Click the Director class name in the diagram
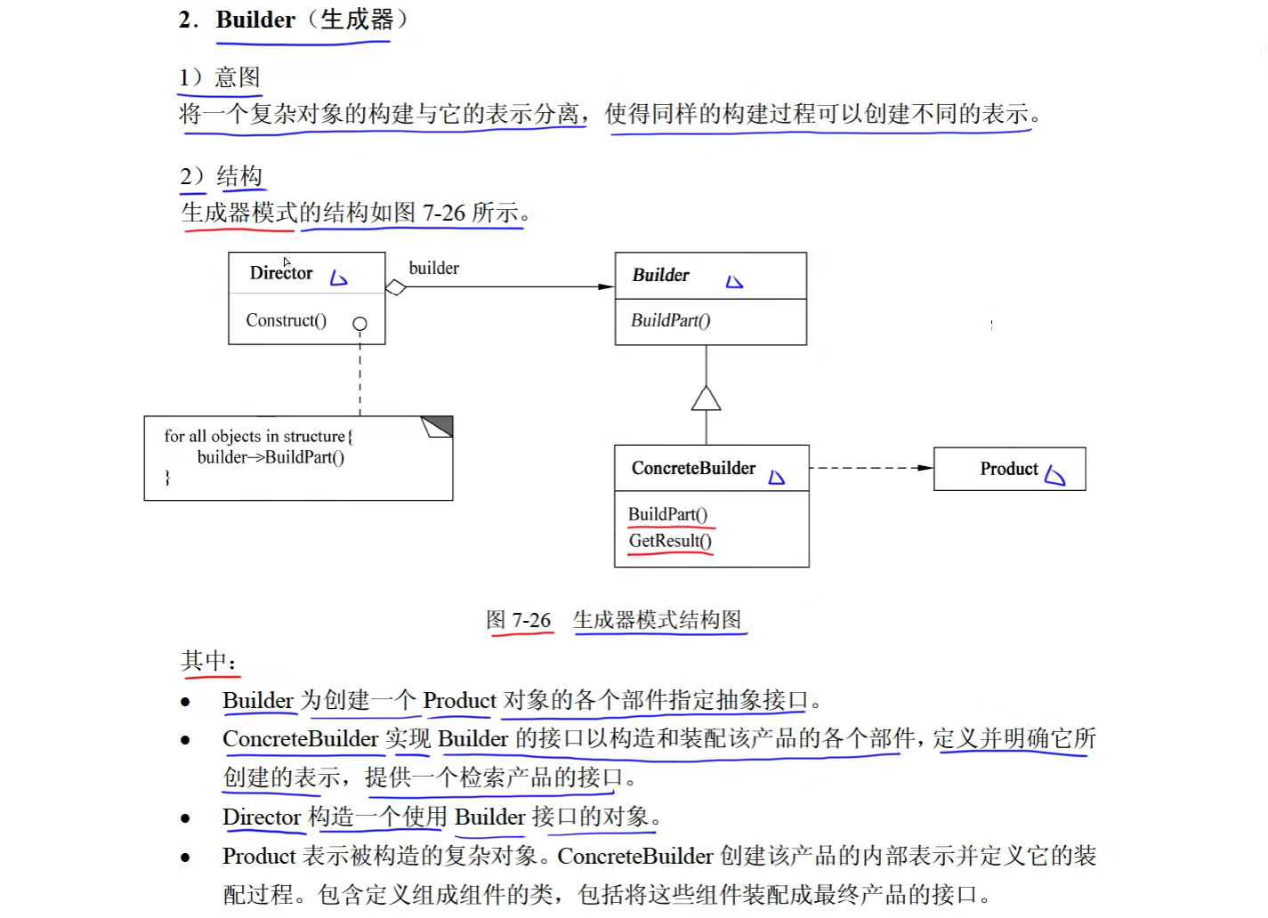coord(281,273)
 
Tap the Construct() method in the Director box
coord(286,320)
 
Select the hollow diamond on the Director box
coord(396,287)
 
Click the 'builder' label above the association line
coord(433,268)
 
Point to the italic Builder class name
coord(660,276)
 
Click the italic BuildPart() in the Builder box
coord(670,320)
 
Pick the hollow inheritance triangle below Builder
coord(707,399)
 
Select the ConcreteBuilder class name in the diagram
coord(693,468)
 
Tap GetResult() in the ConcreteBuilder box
coord(670,541)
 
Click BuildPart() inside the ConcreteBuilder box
coord(667,514)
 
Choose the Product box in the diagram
coord(1009,469)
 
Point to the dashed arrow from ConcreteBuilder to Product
coord(870,468)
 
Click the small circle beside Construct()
coord(359,324)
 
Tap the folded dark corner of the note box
coord(438,426)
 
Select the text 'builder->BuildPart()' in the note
coord(271,457)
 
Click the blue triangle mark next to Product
coord(1055,476)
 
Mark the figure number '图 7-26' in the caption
coord(519,620)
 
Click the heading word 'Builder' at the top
coord(255,20)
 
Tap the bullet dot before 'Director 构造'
coord(185,818)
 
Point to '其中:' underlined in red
coord(209,661)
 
